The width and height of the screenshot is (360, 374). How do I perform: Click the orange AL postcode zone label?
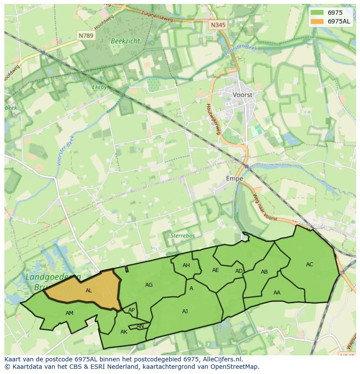pos(89,291)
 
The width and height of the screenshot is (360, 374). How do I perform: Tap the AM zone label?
pos(70,313)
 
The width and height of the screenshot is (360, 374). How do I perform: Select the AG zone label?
pos(149,285)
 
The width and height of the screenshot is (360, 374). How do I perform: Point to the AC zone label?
pos(310,265)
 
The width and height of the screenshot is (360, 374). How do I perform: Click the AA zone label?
pos(277,293)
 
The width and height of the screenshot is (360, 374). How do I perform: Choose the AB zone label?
pos(264,272)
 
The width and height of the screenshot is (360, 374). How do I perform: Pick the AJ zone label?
pos(185,311)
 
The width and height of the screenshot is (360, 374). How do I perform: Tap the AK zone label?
pos(124,332)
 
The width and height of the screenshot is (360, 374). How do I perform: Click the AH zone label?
pos(186,265)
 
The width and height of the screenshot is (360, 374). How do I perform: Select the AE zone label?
pos(216,270)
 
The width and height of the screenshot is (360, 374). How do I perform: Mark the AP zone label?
pos(131,310)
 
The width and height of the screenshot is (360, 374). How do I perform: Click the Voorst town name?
pos(243,94)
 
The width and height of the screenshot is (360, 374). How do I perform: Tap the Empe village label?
pos(234,179)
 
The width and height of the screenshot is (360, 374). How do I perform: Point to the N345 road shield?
pos(218,25)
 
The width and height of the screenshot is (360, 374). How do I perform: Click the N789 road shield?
pos(86,36)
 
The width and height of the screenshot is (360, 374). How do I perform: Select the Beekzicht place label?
pos(125,41)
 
